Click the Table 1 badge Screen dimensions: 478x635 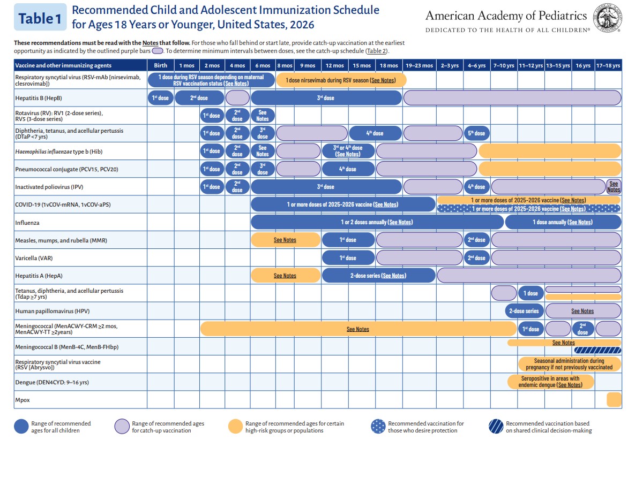click(x=40, y=18)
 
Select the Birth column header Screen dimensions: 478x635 click(x=160, y=65)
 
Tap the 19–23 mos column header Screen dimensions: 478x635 click(x=419, y=65)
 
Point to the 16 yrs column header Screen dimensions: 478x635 click(x=582, y=65)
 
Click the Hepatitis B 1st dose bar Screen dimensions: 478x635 click(x=160, y=98)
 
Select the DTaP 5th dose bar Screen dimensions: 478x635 click(x=476, y=133)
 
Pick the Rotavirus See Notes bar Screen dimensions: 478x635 click(x=262, y=116)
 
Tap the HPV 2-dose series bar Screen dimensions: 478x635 click(x=524, y=311)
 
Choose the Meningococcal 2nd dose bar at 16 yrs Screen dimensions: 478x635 click(x=582, y=329)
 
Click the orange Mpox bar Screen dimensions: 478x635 click(x=614, y=399)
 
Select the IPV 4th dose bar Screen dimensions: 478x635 click(x=476, y=187)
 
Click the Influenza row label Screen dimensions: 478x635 click(x=27, y=222)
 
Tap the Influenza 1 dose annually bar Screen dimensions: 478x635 click(x=563, y=222)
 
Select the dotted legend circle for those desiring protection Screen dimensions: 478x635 click(x=378, y=427)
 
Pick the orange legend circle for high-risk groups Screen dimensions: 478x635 click(x=235, y=427)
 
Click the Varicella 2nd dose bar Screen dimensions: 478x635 click(x=476, y=258)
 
